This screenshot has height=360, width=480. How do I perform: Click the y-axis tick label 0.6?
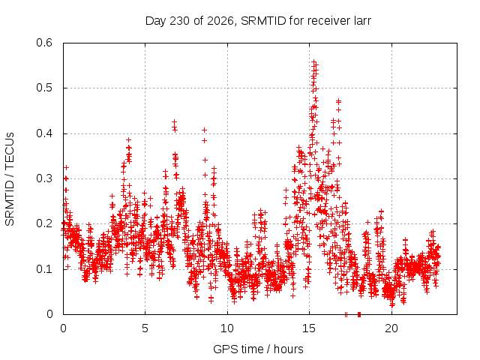pos(44,43)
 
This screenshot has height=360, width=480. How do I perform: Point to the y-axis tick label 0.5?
pos(44,88)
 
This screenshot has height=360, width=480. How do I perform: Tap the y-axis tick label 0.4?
pos(44,133)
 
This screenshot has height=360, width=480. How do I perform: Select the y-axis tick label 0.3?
pos(44,178)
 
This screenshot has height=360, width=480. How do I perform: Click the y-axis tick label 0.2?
pos(44,223)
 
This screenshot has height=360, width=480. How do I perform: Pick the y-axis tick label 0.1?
pos(44,269)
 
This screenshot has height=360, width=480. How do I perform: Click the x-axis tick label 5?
pos(145,328)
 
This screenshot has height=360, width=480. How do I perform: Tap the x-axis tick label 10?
pos(227,328)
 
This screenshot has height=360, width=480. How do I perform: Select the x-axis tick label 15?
pos(309,328)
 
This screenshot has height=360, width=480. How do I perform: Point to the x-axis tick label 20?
pos(391,328)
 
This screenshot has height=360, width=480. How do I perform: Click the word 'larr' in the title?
pos(362,21)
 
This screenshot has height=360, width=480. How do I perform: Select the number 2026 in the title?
pos(220,21)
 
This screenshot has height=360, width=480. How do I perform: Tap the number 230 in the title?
pos(180,21)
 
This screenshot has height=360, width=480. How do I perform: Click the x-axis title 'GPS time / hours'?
pos(258,349)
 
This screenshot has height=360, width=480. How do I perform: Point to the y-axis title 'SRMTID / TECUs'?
pos(10,179)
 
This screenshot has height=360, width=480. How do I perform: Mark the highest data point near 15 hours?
pos(314,61)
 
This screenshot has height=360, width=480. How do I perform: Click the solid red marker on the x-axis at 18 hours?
pos(359,314)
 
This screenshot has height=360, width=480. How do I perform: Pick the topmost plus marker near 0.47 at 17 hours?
pos(338,100)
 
